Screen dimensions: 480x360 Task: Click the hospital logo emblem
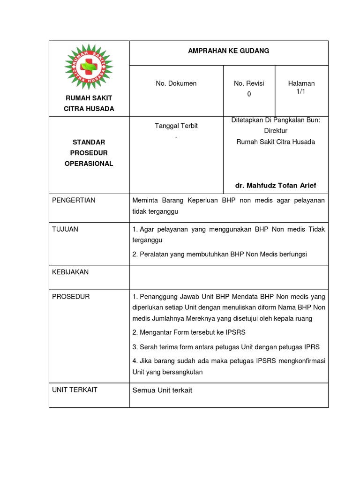89,67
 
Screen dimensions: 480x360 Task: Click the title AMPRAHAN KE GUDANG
228,51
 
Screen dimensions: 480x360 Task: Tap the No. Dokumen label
176,83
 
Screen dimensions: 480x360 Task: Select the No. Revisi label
249,83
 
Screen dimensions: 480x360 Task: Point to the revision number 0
249,94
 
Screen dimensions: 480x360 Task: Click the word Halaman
301,83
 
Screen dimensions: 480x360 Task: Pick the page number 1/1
301,91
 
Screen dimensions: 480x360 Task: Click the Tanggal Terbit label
176,126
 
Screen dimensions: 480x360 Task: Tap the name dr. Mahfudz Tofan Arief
276,186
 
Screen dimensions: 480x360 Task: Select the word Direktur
276,131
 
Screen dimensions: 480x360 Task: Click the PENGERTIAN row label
74,200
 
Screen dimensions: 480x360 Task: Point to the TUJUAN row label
65,229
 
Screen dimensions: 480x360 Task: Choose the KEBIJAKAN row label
70,272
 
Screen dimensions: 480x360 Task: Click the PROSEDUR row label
71,297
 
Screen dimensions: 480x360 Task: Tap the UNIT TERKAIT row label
75,390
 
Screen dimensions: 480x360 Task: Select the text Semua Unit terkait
162,390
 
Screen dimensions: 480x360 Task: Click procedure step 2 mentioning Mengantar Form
189,332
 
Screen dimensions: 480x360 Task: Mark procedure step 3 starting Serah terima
226,347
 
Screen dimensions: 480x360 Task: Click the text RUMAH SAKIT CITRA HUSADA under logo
89,103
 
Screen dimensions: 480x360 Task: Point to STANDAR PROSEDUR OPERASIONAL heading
89,153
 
